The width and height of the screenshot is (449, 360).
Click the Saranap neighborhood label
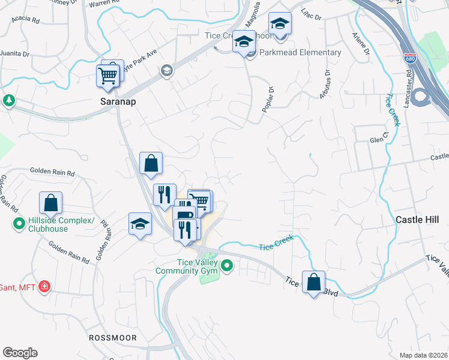point(118,102)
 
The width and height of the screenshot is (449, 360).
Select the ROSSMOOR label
point(113,338)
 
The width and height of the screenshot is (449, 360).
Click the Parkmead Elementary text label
point(300,52)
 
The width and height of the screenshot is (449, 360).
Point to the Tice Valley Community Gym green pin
point(227,265)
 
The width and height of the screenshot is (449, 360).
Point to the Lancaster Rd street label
point(408,90)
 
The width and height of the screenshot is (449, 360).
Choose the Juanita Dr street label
point(14,53)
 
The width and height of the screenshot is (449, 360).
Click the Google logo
point(20,353)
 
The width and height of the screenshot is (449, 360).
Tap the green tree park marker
point(9,100)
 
